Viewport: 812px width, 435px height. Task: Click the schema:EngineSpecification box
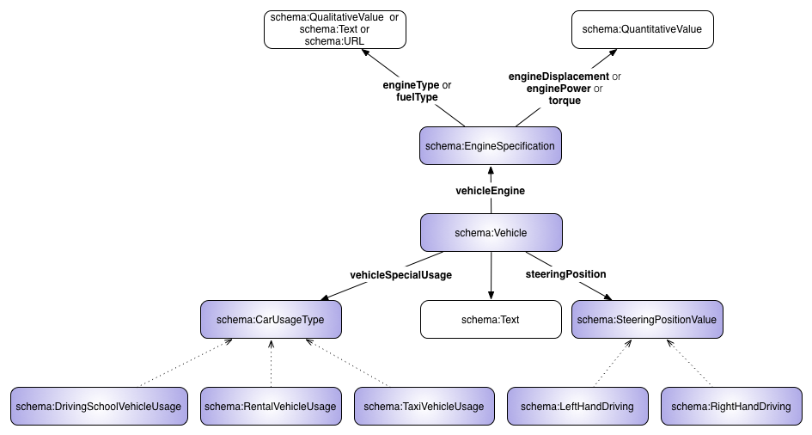pos(490,146)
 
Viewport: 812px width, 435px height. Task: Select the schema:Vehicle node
pos(491,233)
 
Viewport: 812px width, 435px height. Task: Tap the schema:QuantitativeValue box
pos(642,29)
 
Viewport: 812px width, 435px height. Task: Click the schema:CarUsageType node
pos(271,320)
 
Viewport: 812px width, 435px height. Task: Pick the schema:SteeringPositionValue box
pos(647,320)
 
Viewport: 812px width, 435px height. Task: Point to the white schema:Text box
pos(491,320)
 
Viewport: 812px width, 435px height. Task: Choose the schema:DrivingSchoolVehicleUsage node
pos(100,407)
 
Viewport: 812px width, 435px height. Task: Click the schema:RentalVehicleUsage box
pos(271,407)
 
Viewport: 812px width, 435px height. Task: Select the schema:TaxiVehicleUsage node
pos(424,407)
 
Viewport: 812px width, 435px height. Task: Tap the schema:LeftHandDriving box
pos(577,407)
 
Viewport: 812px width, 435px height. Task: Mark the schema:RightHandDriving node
pos(730,407)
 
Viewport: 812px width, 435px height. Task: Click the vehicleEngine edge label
pos(490,191)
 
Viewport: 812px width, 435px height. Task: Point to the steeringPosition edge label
pos(565,274)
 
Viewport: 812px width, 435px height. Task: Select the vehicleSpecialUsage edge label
pos(400,275)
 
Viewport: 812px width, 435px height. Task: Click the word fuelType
pos(417,97)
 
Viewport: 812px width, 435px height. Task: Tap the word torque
pos(565,101)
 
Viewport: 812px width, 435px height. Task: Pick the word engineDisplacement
pos(559,77)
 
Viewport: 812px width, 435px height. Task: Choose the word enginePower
pos(558,89)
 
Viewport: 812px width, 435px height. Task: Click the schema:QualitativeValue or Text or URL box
pos(334,29)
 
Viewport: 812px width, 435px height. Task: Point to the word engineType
pos(410,85)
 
